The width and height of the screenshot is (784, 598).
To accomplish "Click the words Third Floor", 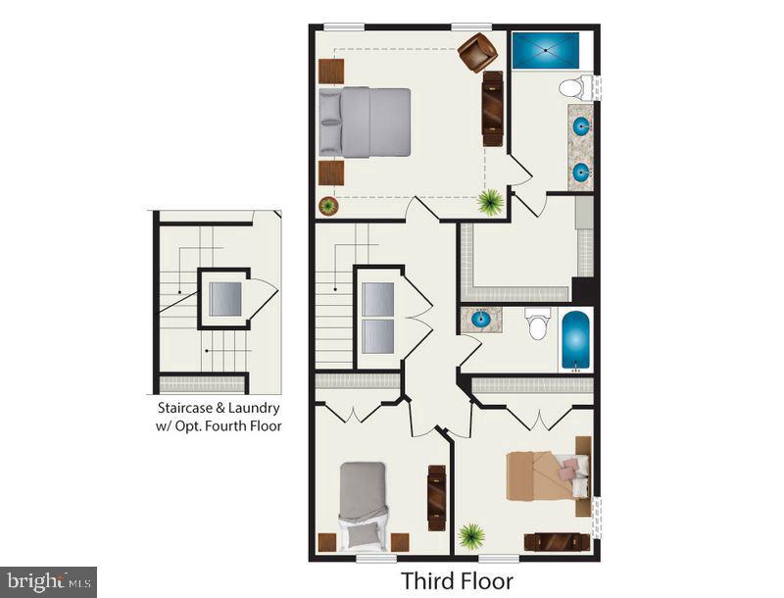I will point(457,581).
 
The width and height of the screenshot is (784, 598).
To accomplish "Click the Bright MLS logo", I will point(48,581).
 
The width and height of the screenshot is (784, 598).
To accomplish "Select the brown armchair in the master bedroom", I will point(477,52).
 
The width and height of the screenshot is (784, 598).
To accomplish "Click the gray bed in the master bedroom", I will point(365,123).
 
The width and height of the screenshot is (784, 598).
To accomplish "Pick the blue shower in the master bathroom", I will point(545,51).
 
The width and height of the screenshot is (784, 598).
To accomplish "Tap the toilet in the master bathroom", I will point(573,88).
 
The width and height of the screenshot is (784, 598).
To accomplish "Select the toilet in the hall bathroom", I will point(537,324).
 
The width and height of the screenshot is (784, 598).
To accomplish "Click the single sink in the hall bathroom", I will point(481,319).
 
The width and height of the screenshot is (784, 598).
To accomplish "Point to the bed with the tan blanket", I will point(549,477).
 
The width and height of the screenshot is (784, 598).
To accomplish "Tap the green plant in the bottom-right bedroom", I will point(472,536).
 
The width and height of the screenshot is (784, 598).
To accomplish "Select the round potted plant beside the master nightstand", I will point(328,206).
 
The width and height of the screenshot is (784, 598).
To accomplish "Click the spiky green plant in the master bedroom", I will point(490,202).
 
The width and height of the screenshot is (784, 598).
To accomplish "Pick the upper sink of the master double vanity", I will point(581,125).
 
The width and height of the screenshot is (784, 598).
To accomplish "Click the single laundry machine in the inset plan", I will point(224,299).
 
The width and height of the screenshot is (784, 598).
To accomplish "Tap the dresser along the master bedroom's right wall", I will point(493,108).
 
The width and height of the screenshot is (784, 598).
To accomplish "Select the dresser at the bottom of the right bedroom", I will point(557,541).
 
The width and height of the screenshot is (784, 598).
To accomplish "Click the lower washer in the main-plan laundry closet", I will point(377,336).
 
